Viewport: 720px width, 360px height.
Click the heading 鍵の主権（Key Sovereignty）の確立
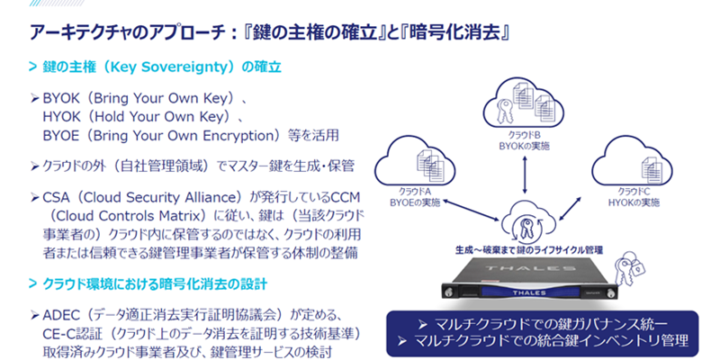(161, 67)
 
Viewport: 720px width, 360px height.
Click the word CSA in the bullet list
(57, 194)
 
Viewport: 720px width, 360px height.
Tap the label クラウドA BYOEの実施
(423, 199)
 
